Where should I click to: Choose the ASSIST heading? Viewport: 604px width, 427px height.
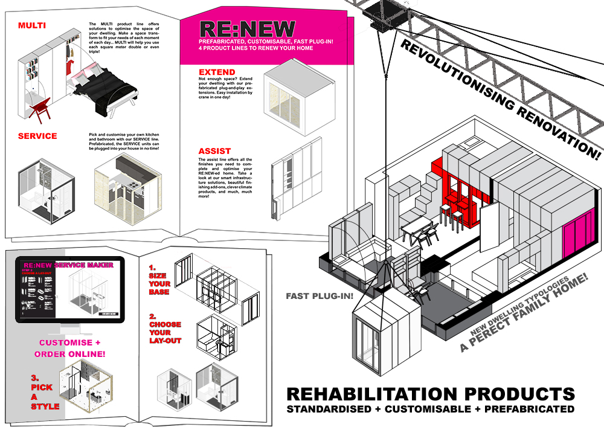(214, 151)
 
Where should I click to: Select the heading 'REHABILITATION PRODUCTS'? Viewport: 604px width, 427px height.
(430, 394)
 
